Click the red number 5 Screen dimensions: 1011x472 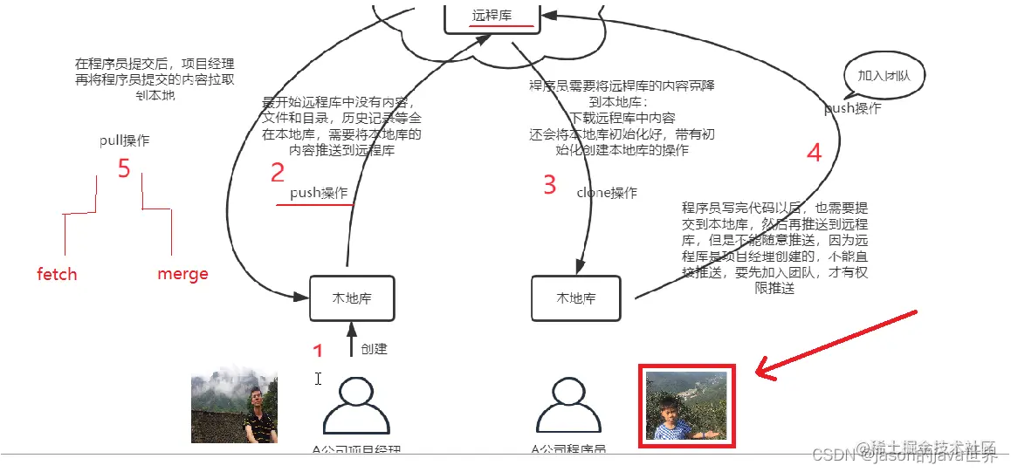pyautogui.click(x=124, y=168)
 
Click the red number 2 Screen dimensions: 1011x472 pyautogui.click(x=278, y=173)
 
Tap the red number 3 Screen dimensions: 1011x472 pyautogui.click(x=549, y=185)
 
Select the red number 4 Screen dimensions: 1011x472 pyautogui.click(x=814, y=154)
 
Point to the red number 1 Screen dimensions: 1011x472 pyautogui.click(x=318, y=351)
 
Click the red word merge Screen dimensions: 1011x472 pyautogui.click(x=182, y=274)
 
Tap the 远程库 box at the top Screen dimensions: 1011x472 pyautogui.click(x=492, y=16)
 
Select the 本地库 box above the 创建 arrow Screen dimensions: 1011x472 pyautogui.click(x=352, y=298)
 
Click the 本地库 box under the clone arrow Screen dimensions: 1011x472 pyautogui.click(x=576, y=298)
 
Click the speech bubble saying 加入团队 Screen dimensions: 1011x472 pyautogui.click(x=884, y=76)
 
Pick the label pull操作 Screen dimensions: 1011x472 pyautogui.click(x=124, y=141)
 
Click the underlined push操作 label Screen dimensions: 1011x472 pyautogui.click(x=319, y=193)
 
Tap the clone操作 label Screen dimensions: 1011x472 pyautogui.click(x=607, y=193)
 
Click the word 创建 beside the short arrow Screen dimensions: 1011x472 pyautogui.click(x=374, y=348)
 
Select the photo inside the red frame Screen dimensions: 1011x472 pyautogui.click(x=686, y=406)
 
